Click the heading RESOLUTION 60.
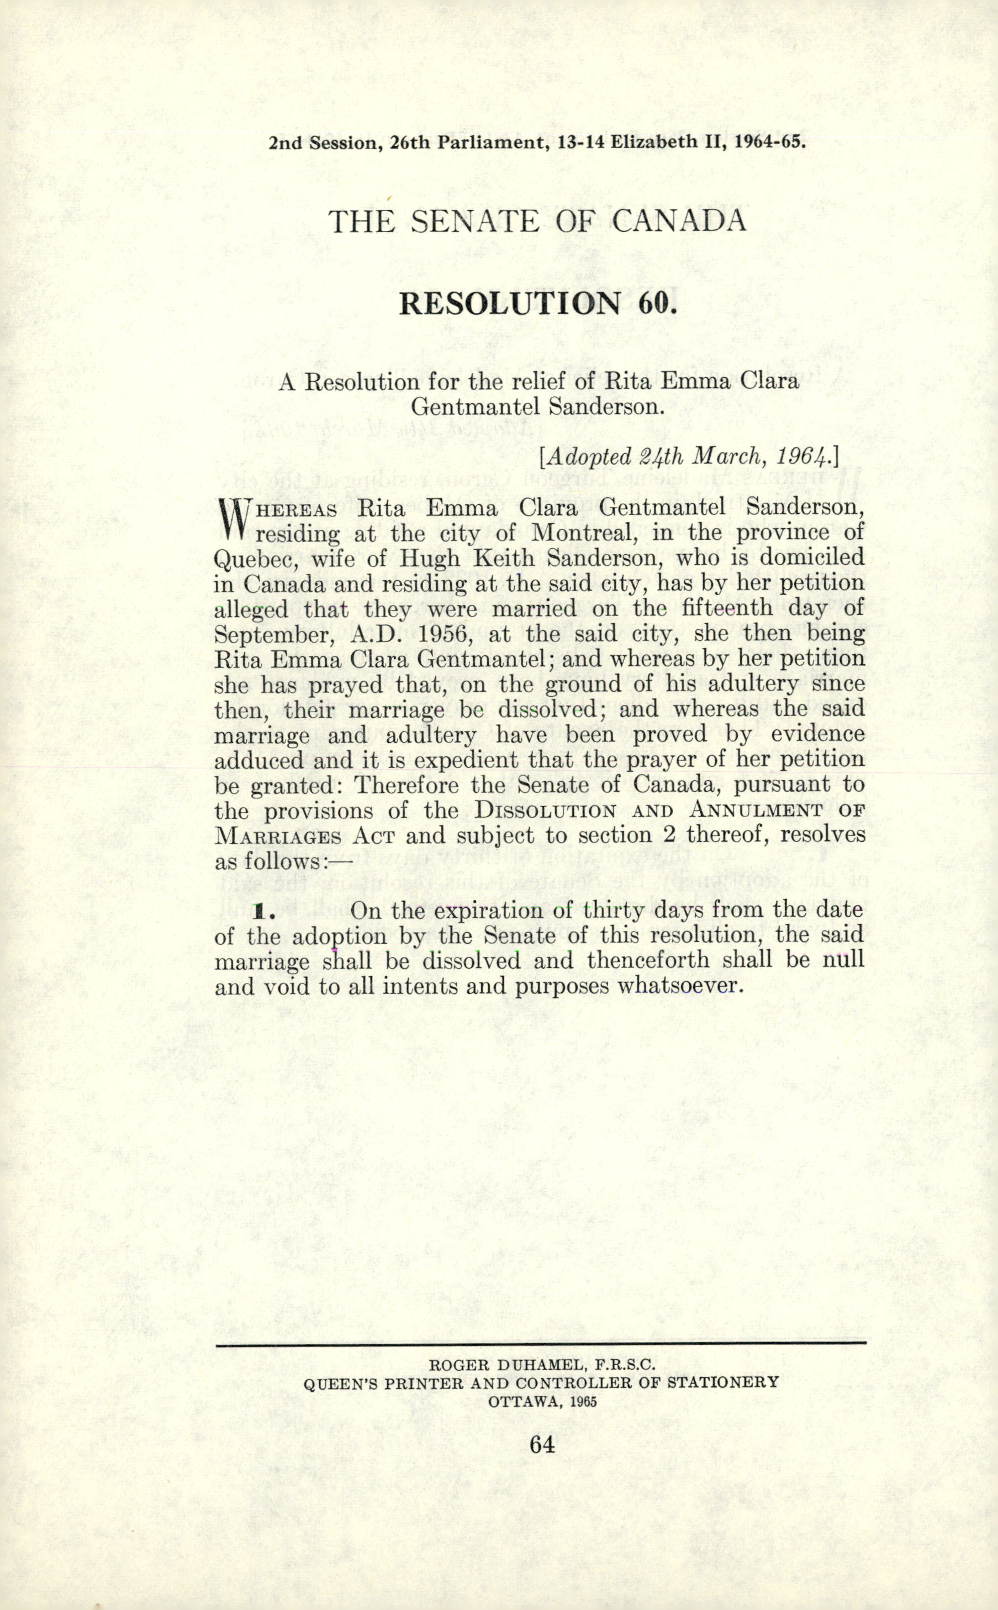coord(538,303)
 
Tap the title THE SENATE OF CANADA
coord(537,221)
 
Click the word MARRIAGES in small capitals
coord(278,836)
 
